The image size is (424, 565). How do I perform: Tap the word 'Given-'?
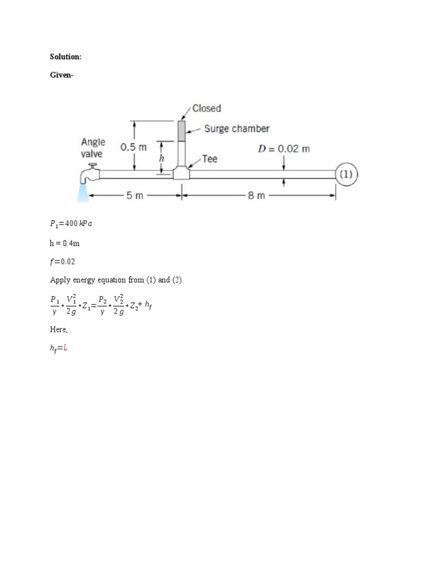(x=61, y=77)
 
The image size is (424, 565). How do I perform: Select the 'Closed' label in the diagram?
(x=206, y=108)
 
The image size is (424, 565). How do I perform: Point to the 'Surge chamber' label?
(x=236, y=129)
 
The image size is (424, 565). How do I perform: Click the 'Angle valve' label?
(x=92, y=148)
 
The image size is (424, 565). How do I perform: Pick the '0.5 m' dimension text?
(x=134, y=147)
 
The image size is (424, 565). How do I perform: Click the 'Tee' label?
(x=210, y=159)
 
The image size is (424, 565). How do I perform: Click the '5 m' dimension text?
(x=135, y=195)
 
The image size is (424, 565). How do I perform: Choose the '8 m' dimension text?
(x=256, y=195)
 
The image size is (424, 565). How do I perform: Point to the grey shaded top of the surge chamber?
(x=181, y=130)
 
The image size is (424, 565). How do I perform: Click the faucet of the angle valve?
(x=88, y=175)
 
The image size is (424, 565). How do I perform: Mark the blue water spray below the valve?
(x=83, y=191)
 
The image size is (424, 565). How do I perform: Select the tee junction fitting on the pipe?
(x=181, y=173)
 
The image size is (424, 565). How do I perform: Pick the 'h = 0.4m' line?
(x=65, y=242)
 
